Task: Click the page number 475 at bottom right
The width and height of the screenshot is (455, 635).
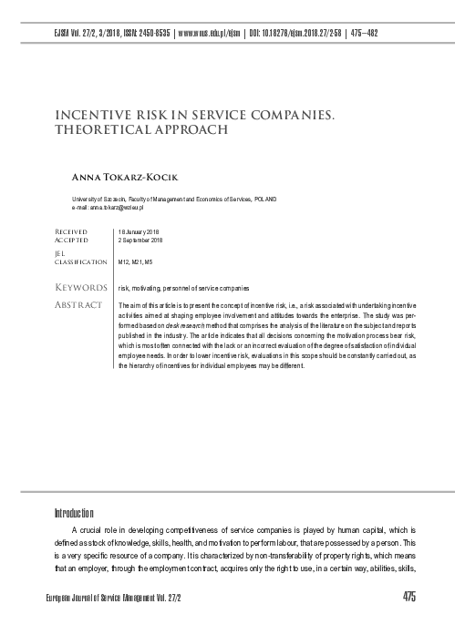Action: pos(408,596)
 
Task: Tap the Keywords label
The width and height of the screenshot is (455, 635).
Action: pos(79,287)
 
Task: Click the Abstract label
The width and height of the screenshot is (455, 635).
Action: pos(78,303)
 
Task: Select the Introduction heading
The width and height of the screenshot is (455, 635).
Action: pos(74,512)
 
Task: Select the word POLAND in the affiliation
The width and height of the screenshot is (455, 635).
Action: pos(265,199)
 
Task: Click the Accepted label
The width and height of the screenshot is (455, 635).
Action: pos(72,241)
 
